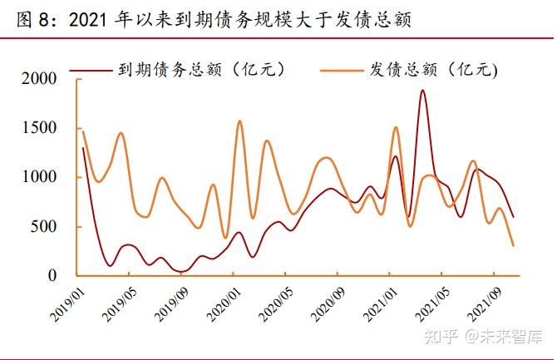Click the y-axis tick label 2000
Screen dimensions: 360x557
point(40,79)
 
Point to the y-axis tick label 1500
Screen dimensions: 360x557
point(40,128)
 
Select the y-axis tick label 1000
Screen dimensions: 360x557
point(40,177)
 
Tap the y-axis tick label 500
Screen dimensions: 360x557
point(45,226)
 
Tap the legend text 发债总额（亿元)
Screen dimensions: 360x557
point(432,70)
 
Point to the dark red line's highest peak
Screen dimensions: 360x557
point(422,91)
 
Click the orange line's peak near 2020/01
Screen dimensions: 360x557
point(239,121)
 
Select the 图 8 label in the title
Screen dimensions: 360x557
point(34,18)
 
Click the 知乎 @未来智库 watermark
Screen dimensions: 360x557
point(483,336)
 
